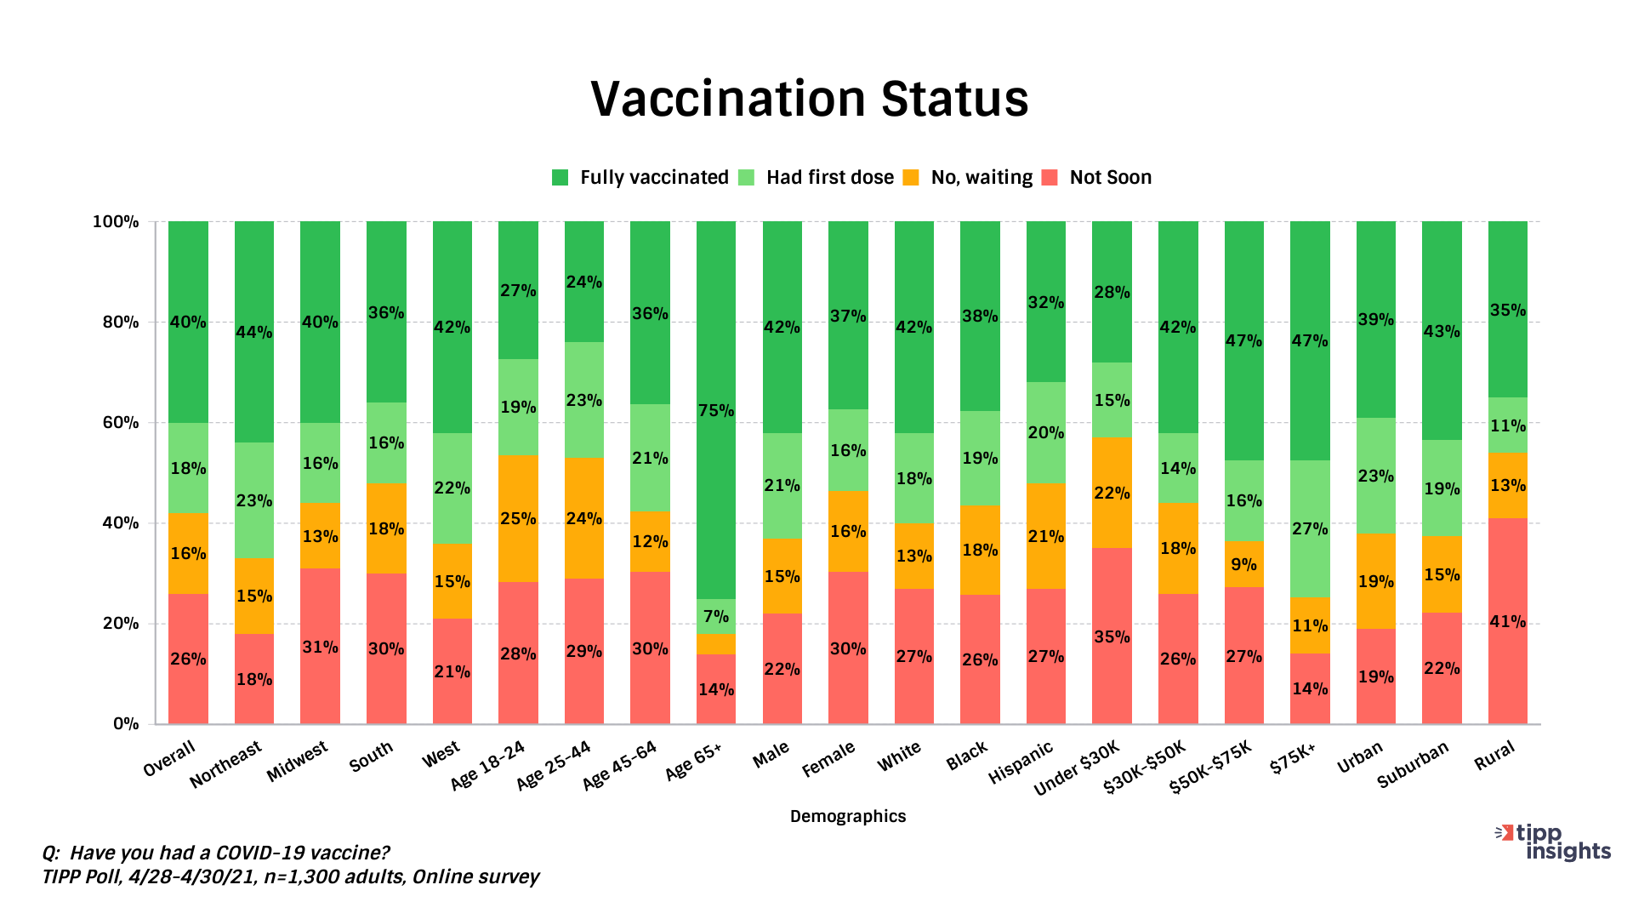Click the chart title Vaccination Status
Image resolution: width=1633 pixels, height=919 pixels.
(x=809, y=99)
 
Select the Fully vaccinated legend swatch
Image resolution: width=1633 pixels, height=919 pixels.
(x=560, y=178)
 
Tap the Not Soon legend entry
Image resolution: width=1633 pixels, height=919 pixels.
(x=1110, y=178)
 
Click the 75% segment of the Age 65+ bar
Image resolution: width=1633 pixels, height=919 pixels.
(x=715, y=410)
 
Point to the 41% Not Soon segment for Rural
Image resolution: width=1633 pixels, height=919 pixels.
(x=1507, y=621)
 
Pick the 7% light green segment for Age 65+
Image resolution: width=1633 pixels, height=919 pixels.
(x=715, y=616)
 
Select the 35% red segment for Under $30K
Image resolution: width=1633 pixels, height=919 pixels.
(x=1112, y=636)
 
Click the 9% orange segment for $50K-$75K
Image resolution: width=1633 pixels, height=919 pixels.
(x=1243, y=564)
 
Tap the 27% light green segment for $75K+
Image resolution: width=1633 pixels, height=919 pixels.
(x=1310, y=528)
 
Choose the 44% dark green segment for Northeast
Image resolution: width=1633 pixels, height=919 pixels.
(x=253, y=332)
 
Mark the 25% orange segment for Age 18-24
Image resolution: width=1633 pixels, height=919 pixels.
(x=518, y=518)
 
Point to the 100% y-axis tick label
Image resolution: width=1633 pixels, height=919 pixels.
(x=116, y=222)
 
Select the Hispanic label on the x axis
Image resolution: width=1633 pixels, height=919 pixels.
(x=1021, y=762)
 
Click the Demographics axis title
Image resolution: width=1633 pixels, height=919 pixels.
(x=847, y=816)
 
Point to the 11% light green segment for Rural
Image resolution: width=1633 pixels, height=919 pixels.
(x=1507, y=425)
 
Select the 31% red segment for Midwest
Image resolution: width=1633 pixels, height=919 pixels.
(x=320, y=647)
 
